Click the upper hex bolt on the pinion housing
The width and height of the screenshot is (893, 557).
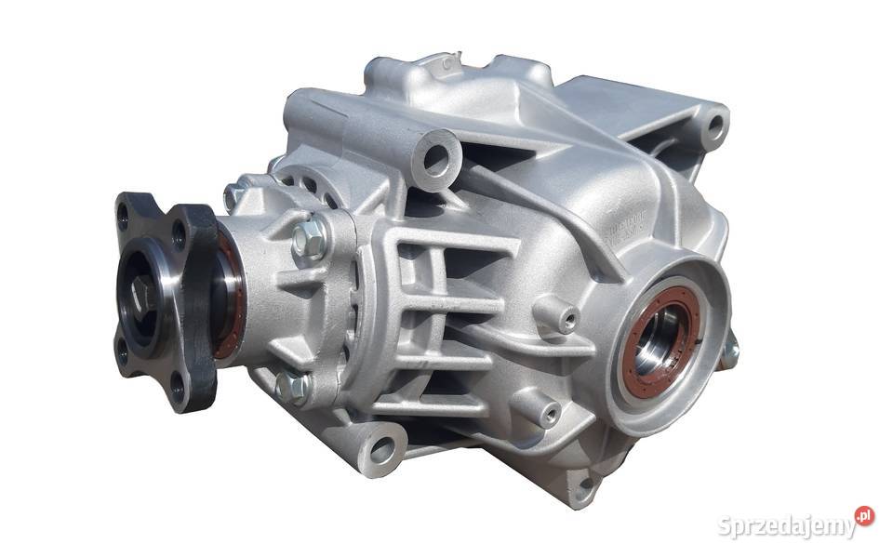311,239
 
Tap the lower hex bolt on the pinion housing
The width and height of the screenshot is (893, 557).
293,385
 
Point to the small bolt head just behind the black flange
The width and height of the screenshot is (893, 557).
233,196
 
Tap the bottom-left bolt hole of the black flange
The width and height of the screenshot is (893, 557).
122,351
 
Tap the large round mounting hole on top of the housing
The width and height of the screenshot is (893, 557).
437,157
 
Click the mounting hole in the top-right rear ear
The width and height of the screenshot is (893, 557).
713,125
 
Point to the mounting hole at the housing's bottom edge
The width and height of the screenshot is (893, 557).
583,484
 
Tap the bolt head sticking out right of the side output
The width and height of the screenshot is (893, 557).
730,351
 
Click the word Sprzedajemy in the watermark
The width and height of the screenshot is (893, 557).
787,526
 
